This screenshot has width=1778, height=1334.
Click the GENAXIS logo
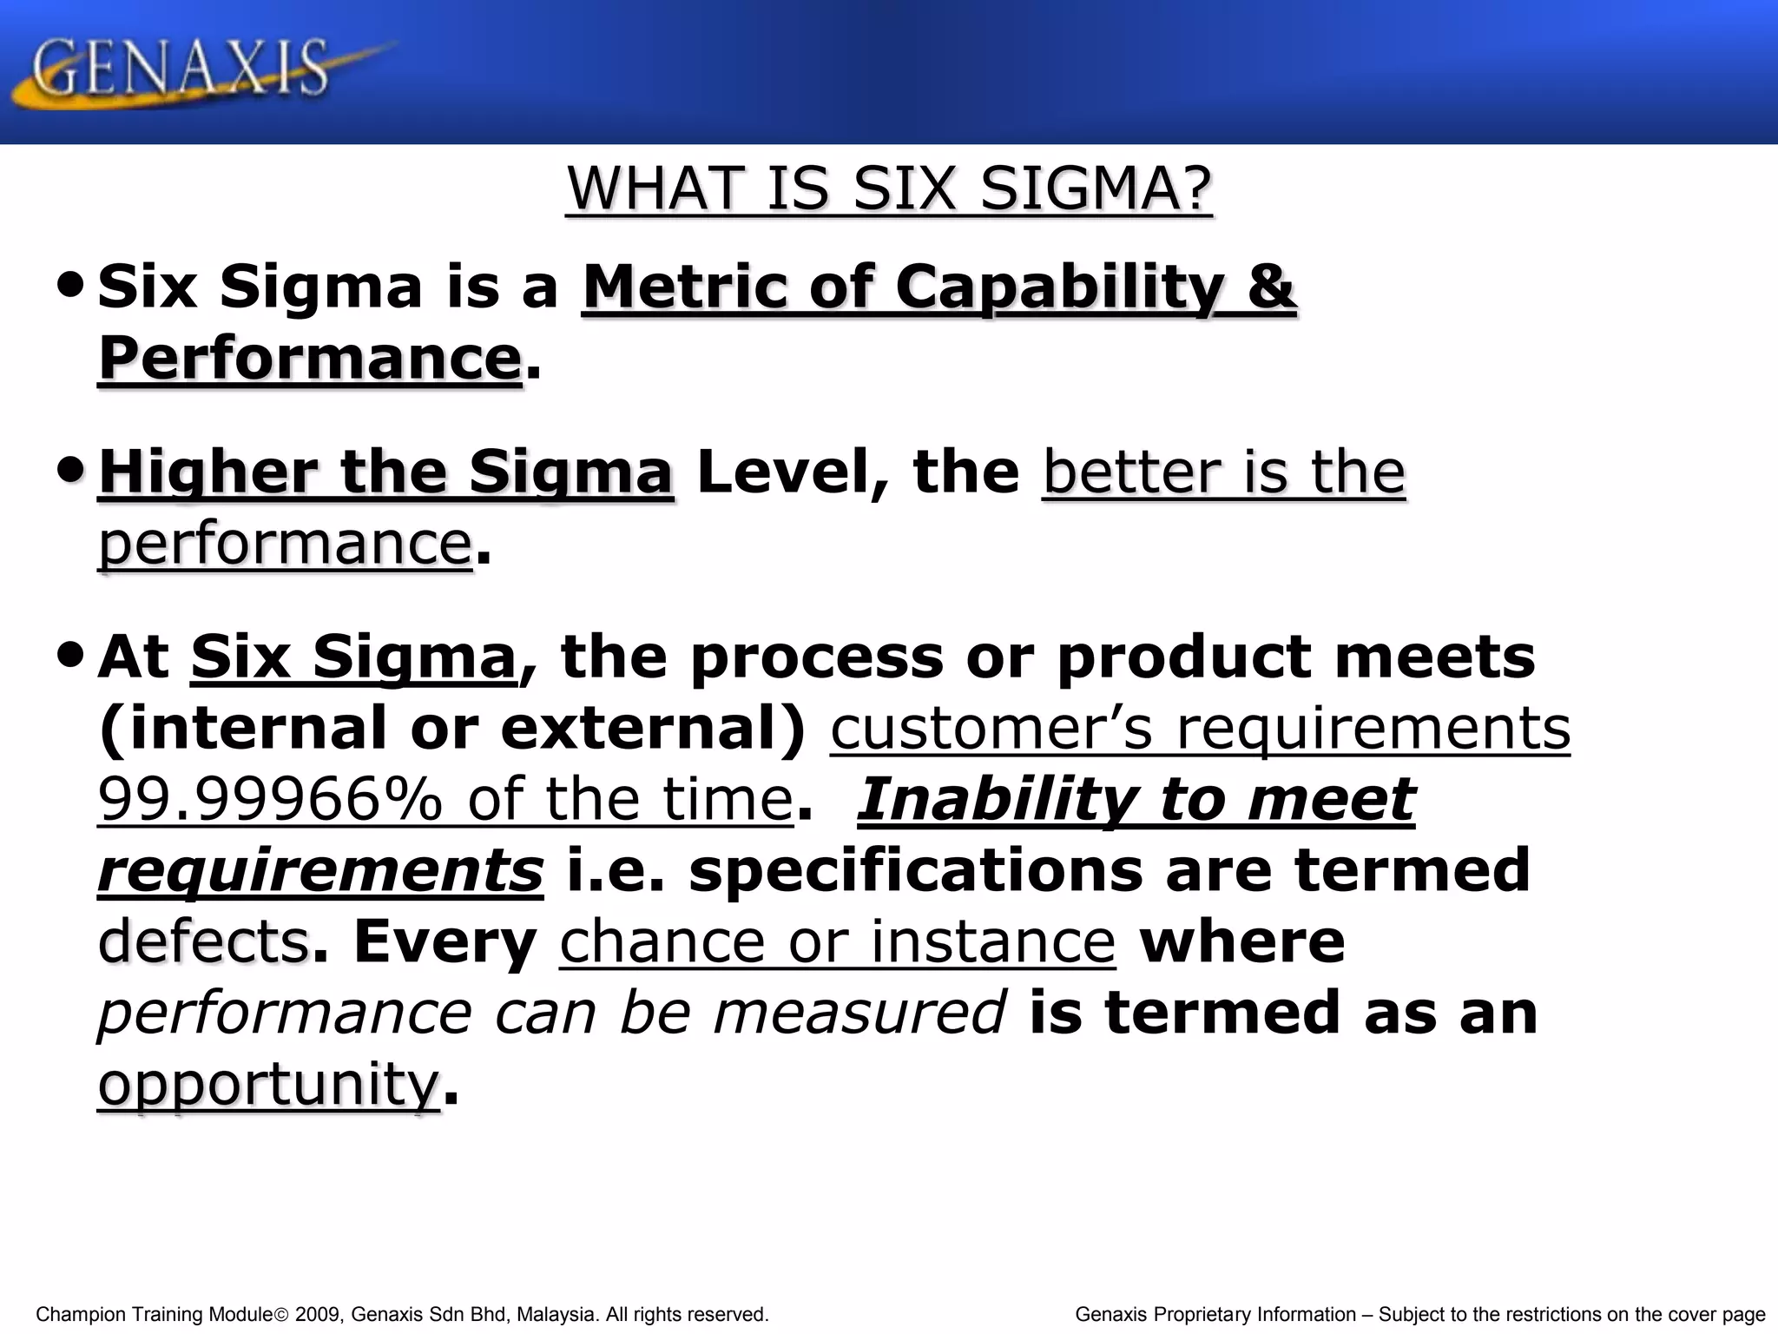pyautogui.click(x=182, y=69)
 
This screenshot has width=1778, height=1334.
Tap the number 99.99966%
pyautogui.click(x=269, y=799)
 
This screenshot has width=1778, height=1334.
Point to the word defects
pyautogui.click(x=204, y=941)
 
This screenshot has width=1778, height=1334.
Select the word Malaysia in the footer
pyautogui.click(x=556, y=1315)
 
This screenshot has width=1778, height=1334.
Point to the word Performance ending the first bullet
pyautogui.click(x=309, y=358)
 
